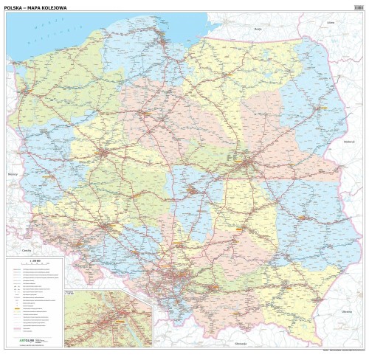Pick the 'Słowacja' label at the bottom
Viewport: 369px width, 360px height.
tap(240, 345)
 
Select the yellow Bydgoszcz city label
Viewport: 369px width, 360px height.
tap(137, 111)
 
